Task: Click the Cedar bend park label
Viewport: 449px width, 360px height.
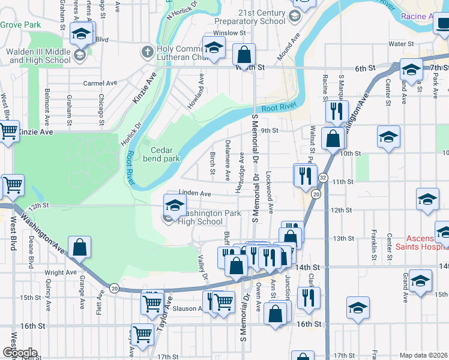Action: pos(161,154)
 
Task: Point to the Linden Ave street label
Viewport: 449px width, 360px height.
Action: pos(196,194)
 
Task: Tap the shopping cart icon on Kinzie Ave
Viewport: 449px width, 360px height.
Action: pos(8,131)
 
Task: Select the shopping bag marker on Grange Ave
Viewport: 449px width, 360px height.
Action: pos(79,247)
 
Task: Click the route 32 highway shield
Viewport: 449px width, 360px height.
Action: pos(323,178)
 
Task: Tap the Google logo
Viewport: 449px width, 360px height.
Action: pos(19,353)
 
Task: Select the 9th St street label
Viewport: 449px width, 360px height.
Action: pos(270,130)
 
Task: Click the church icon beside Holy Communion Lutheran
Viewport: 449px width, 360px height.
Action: pos(148,52)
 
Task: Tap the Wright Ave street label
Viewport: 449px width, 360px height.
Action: pos(61,272)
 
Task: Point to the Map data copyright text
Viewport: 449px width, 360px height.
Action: pos(423,355)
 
